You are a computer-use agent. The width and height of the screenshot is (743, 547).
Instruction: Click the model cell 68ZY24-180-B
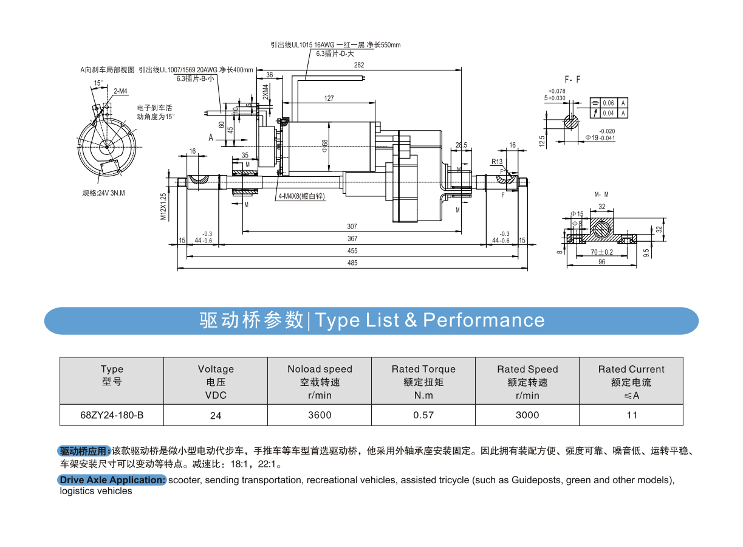(112, 415)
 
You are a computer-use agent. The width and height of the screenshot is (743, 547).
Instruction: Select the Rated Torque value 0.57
(423, 415)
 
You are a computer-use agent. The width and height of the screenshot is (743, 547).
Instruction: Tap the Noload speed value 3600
(320, 415)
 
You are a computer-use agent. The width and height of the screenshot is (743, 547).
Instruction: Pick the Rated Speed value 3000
(527, 415)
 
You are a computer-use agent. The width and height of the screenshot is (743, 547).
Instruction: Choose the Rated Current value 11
(632, 415)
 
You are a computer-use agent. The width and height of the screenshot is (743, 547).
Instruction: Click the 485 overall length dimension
(352, 263)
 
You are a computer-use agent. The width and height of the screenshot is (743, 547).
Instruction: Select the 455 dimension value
(352, 251)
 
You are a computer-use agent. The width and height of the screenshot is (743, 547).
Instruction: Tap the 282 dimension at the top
(358, 65)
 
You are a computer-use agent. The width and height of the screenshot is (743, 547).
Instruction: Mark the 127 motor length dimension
(329, 98)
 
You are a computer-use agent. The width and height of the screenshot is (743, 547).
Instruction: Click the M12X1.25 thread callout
(163, 206)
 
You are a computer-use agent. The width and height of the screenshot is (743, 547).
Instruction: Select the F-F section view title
(572, 80)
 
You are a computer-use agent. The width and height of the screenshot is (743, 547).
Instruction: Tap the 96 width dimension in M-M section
(602, 263)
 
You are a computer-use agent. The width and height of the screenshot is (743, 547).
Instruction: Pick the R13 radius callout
(497, 162)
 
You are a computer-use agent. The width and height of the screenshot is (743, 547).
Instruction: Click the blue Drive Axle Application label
(112, 480)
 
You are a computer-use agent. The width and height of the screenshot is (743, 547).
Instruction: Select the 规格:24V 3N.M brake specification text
(107, 193)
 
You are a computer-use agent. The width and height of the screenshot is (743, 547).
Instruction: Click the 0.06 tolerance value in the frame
(609, 103)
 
